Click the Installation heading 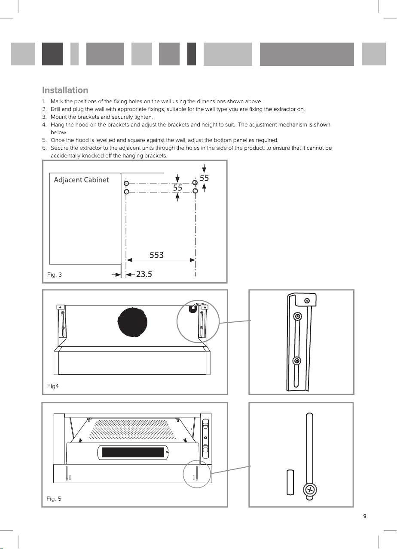[65, 90]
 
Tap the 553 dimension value [156, 255]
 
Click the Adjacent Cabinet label [81, 180]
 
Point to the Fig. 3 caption [54, 274]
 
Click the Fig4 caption [53, 386]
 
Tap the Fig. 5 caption [54, 499]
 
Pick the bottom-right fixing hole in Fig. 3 [195, 191]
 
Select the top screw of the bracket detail [306, 300]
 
